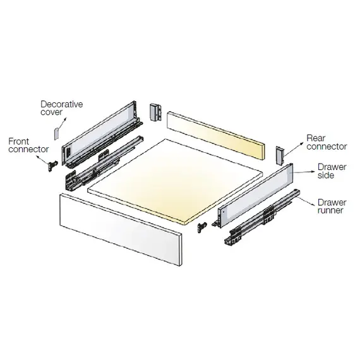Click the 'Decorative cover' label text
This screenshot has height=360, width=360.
tap(61, 108)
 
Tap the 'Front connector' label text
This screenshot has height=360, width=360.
tap(28, 145)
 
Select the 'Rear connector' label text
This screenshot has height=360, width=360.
tap(327, 142)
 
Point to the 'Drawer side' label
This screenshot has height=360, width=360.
tap(332, 171)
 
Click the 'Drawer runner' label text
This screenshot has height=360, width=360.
tap(332, 206)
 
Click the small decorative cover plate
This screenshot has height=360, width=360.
tap(57, 134)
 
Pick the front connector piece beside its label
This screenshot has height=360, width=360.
tap(52, 166)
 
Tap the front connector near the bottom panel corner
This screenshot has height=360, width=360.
tap(202, 227)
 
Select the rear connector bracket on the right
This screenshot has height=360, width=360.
tap(280, 155)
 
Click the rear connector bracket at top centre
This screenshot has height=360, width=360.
tap(155, 112)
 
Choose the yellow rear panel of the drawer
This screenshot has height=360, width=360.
tap(215, 136)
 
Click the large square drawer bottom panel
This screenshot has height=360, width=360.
tap(175, 181)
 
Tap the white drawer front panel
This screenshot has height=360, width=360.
tap(121, 230)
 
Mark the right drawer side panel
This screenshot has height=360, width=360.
tap(255, 196)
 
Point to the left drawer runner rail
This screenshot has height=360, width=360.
tap(104, 163)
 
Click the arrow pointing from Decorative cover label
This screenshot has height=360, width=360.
tap(61, 124)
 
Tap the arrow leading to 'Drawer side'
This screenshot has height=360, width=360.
tap(304, 172)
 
